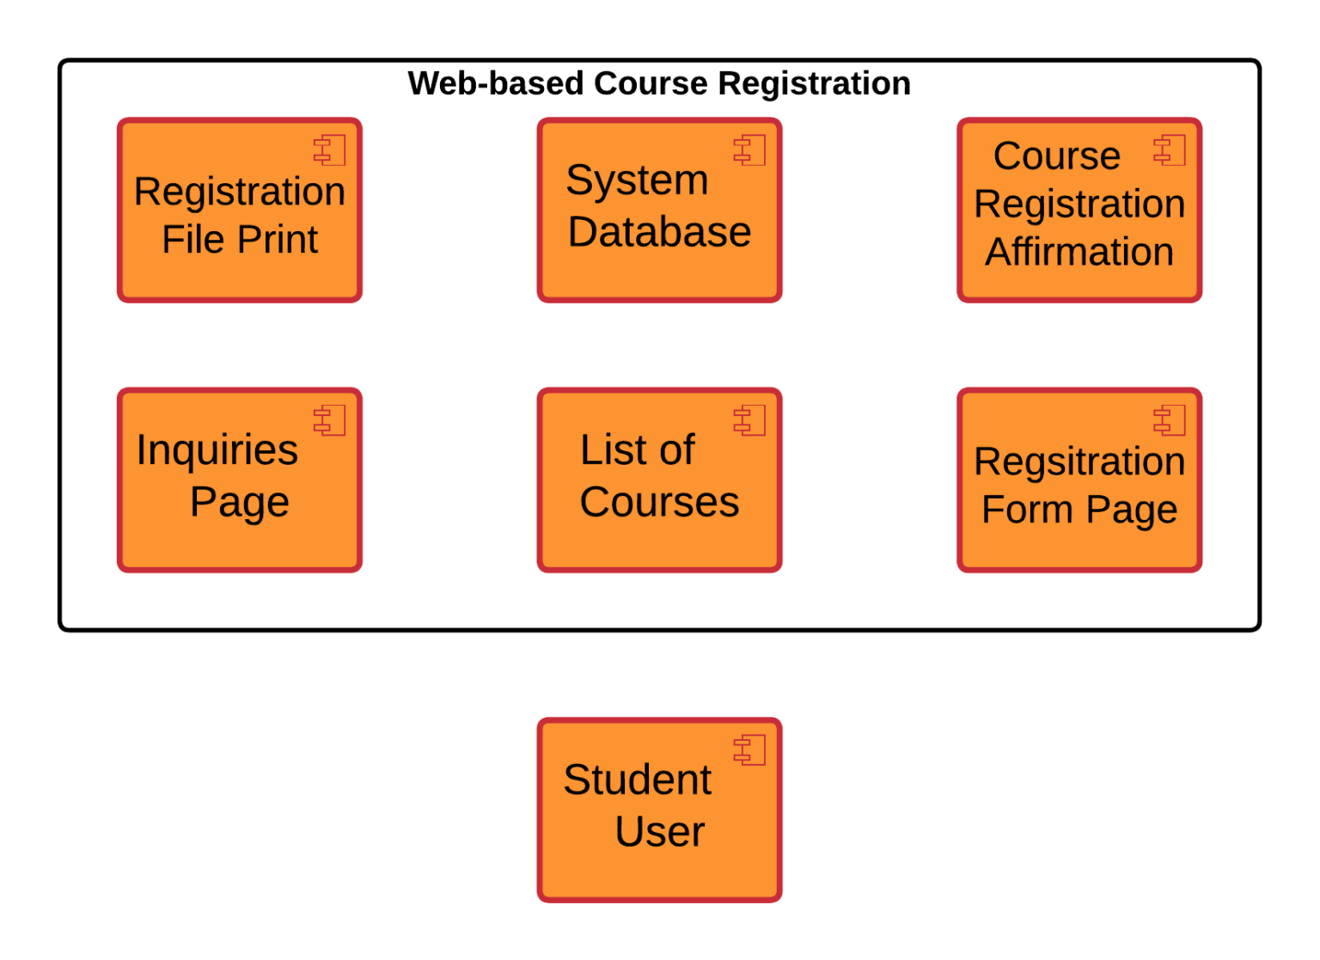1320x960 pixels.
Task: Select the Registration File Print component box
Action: click(x=240, y=211)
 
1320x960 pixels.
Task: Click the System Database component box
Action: click(x=659, y=211)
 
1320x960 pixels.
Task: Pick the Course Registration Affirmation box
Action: click(x=1079, y=211)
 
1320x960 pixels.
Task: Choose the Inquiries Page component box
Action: click(x=240, y=480)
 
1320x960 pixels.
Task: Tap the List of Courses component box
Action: click(x=659, y=480)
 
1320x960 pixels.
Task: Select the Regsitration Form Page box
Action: click(x=1079, y=480)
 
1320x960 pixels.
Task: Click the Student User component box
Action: click(x=659, y=810)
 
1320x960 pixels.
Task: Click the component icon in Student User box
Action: click(x=749, y=750)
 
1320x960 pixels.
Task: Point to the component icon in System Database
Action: click(x=749, y=150)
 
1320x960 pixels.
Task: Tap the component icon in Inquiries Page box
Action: click(x=329, y=421)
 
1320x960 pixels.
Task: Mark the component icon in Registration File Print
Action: click(x=329, y=150)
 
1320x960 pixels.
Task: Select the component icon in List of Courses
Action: click(x=749, y=421)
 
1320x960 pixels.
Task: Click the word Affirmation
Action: click(x=1079, y=252)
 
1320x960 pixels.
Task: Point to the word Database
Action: click(x=659, y=232)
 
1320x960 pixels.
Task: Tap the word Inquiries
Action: click(x=217, y=450)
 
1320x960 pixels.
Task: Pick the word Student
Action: click(x=637, y=780)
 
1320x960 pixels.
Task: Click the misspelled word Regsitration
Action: click(x=1079, y=462)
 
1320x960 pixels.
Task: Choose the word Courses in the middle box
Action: click(x=659, y=502)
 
